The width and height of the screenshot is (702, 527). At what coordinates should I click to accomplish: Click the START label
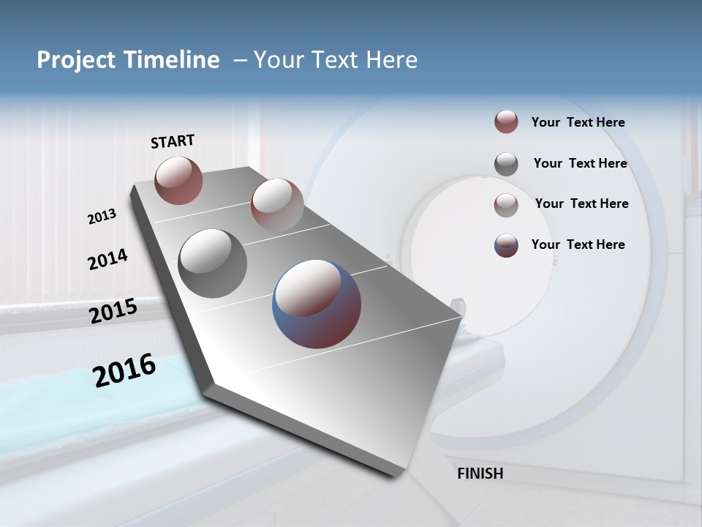coord(173,141)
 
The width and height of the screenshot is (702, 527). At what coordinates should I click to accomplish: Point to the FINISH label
coord(480,474)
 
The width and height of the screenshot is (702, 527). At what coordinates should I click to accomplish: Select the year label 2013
coord(102,217)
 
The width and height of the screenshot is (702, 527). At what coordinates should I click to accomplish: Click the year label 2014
coord(107,259)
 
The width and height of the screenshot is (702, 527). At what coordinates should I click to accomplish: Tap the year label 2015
coord(113,311)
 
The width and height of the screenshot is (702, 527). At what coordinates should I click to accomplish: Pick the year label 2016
coord(124,370)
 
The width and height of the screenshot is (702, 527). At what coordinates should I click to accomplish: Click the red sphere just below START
coord(178,180)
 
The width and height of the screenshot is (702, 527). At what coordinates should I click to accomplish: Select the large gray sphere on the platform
coord(212,263)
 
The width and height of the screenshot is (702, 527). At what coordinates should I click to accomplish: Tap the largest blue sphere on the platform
coord(317,303)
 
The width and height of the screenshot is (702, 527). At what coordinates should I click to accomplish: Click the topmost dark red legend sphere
coord(506,122)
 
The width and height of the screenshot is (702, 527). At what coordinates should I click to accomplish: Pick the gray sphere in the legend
coord(506,164)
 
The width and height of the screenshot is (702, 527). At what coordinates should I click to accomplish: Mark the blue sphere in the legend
coord(506,245)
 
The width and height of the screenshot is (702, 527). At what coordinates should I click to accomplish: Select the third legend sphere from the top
coord(506,205)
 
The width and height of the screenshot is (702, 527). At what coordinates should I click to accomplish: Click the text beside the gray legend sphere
coord(580,163)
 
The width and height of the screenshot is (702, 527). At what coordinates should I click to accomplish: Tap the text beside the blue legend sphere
coord(578,244)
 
